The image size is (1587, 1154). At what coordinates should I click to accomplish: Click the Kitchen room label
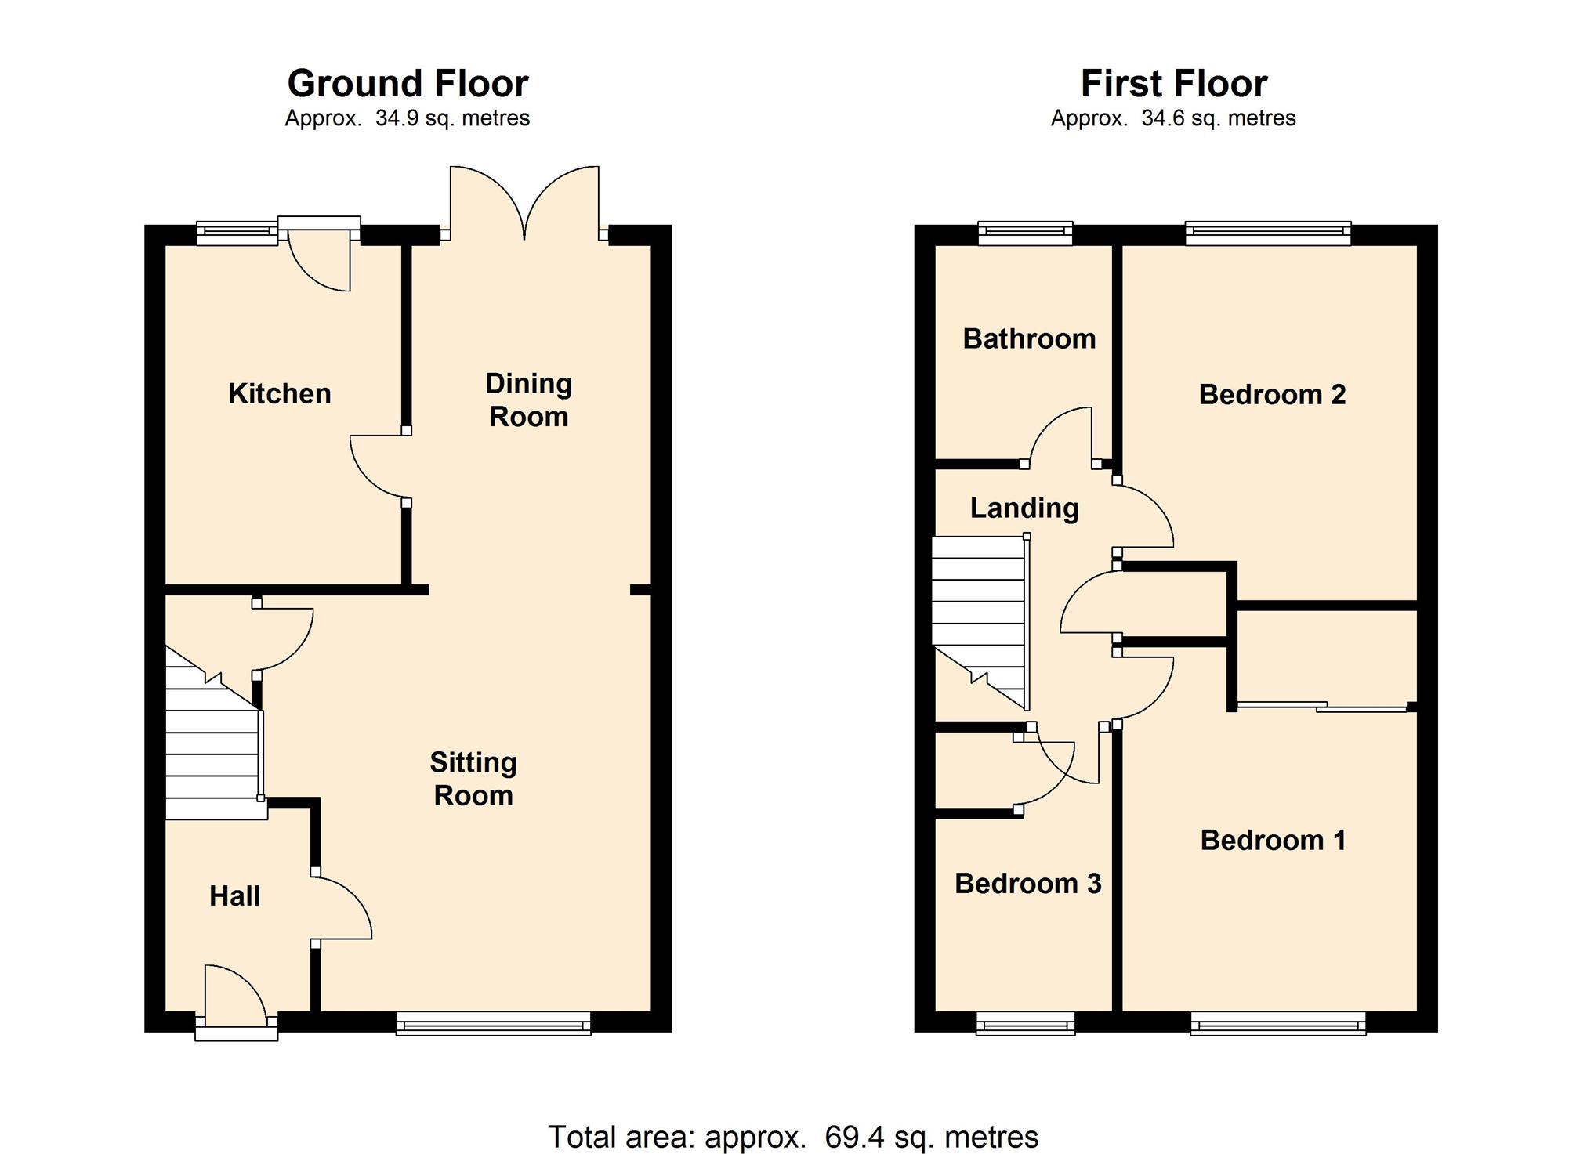tap(279, 393)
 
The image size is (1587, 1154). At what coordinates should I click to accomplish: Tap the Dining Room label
tap(529, 400)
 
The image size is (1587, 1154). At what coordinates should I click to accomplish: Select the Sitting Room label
tap(473, 779)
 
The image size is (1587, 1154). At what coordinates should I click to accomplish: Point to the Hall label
tap(234, 896)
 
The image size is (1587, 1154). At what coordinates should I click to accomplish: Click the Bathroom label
tap(1029, 338)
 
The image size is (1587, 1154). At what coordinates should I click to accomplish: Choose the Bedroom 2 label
tap(1272, 394)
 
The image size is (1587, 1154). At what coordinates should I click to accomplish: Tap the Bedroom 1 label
tap(1273, 840)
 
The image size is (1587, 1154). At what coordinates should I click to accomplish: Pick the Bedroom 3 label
tap(1027, 884)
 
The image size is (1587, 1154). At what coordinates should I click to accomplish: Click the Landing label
tap(1024, 508)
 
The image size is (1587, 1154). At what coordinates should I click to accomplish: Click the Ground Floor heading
tap(408, 83)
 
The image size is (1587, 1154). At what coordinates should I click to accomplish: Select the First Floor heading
tap(1173, 83)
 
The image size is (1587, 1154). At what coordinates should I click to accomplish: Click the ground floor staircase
tap(213, 733)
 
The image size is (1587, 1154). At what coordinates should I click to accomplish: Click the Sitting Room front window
tap(493, 1023)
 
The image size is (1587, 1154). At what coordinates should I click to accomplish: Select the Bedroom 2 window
tap(1268, 233)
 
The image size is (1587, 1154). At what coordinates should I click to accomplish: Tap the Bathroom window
tap(1025, 233)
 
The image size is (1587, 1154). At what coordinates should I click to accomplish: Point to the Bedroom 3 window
tap(1025, 1023)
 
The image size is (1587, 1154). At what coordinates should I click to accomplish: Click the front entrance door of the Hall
tap(236, 1003)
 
